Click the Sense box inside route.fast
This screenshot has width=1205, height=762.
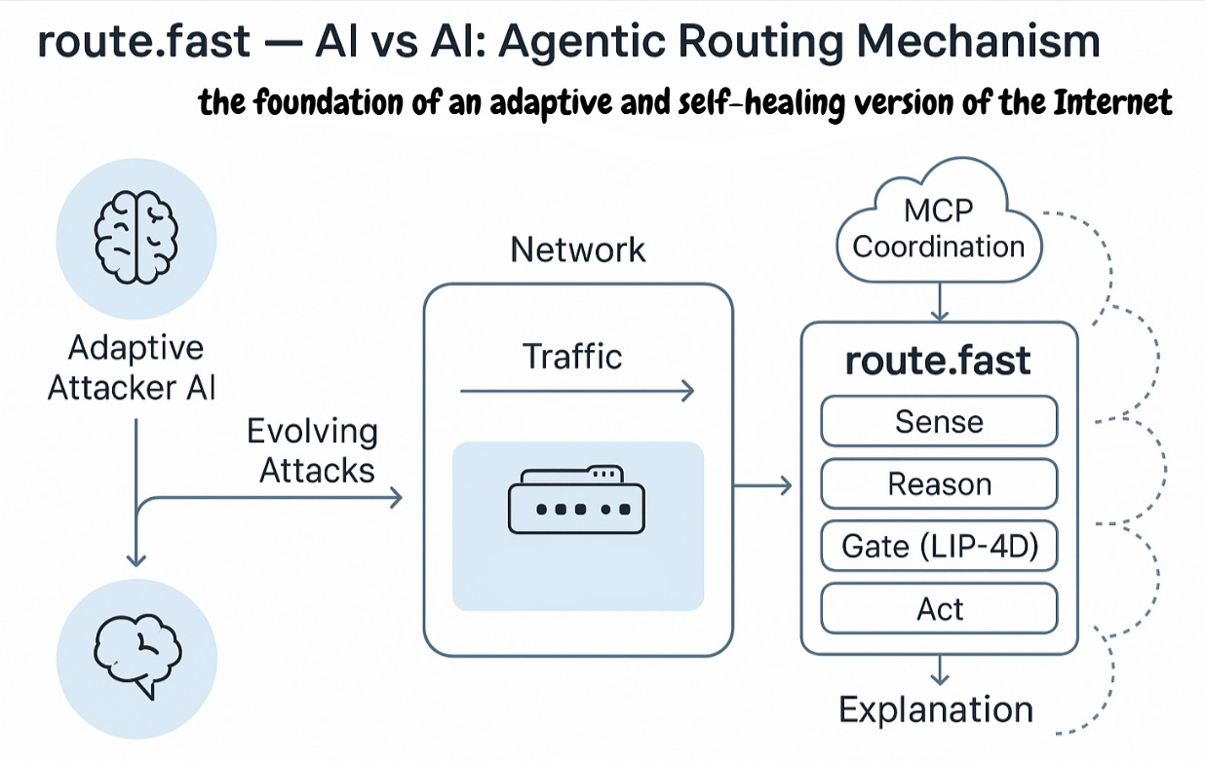pyautogui.click(x=939, y=422)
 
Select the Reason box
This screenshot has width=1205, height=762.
pyautogui.click(x=939, y=484)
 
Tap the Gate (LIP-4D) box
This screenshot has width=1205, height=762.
pyautogui.click(x=939, y=548)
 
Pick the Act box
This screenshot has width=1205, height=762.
pyautogui.click(x=939, y=610)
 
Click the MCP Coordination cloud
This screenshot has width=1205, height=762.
pyautogui.click(x=939, y=230)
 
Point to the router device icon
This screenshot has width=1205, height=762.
pyautogui.click(x=577, y=500)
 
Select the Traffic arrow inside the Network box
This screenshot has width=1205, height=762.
pyautogui.click(x=575, y=392)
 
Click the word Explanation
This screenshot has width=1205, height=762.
pyautogui.click(x=936, y=709)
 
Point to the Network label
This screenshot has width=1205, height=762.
pyautogui.click(x=578, y=249)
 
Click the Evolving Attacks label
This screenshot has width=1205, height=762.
pyautogui.click(x=312, y=451)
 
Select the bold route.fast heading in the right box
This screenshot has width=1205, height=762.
pyautogui.click(x=938, y=362)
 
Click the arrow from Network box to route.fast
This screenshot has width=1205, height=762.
pyautogui.click(x=764, y=484)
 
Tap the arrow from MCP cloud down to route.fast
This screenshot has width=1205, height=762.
pyautogui.click(x=939, y=302)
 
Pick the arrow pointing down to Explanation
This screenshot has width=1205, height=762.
pyautogui.click(x=939, y=670)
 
